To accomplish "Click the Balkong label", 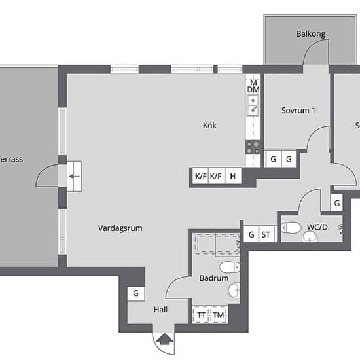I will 310,34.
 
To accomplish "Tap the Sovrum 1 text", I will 298,111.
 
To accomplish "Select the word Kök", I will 209,126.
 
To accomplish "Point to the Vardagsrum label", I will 120,228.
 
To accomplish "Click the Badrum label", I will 214,278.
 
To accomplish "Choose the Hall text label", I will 160,310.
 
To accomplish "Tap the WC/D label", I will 317,228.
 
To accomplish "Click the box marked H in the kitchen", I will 232,176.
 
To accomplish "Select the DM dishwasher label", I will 253,89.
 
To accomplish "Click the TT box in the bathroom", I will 202,315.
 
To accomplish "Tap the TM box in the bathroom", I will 217,315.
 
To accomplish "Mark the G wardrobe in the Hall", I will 135,294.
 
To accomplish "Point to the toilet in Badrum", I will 228,267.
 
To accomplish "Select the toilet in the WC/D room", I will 289,228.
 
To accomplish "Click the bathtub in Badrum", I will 215,245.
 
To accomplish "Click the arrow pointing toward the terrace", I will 75,176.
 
